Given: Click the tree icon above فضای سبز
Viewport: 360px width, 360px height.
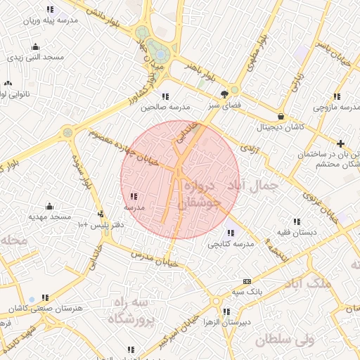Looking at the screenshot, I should click(224, 94).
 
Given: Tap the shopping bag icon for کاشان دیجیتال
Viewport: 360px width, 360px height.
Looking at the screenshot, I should click(281, 117).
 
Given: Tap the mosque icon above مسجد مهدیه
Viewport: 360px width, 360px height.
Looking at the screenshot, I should click(49, 206).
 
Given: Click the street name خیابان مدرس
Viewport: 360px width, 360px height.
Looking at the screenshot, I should click(148, 257).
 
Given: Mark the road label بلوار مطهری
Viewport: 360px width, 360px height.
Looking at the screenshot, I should click(258, 52).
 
